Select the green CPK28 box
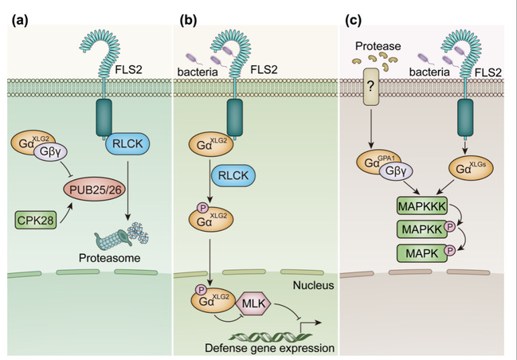click(38, 217)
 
